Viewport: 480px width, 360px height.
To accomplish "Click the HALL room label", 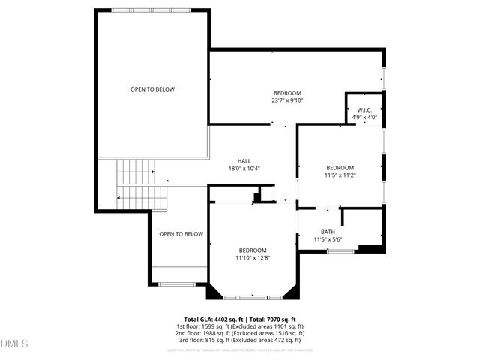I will (x=244, y=160).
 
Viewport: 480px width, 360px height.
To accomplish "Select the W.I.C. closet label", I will (x=365, y=109).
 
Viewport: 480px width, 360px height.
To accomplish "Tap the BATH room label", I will (x=328, y=232).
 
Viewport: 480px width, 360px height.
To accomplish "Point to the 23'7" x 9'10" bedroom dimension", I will (x=287, y=100).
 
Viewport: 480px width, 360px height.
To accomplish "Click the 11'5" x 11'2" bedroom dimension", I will (x=340, y=175).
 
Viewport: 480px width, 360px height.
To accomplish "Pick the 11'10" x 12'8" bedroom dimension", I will (x=253, y=258).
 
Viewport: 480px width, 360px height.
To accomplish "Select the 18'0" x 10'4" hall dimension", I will (x=244, y=169).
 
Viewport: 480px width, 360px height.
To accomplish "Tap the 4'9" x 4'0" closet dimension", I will (x=365, y=118).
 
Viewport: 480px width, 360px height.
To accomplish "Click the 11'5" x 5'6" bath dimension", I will (x=328, y=240).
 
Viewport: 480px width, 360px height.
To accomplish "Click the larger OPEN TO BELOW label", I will (x=152, y=89).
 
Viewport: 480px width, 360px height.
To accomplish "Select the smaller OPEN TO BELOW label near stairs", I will (x=181, y=234).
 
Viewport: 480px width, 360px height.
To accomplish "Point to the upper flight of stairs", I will (x=135, y=172).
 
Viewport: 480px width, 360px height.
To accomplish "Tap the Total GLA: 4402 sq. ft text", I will (x=212, y=319).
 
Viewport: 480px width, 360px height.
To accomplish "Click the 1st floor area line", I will (x=240, y=326).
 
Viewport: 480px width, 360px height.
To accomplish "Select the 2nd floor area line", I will (x=240, y=333).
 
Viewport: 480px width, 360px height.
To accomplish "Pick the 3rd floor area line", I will (x=240, y=340).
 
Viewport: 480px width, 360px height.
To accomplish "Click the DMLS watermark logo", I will (x=15, y=343).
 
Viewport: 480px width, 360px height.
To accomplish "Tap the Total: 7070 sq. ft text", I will (x=272, y=319).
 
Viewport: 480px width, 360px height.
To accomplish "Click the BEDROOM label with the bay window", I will (x=253, y=250).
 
